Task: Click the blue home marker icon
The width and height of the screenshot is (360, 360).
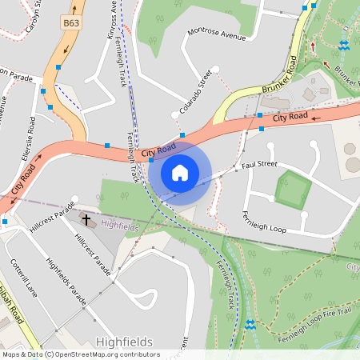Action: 180,172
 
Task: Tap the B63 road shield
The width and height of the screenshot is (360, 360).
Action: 70,25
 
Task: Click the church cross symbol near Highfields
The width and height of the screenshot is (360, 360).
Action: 86,218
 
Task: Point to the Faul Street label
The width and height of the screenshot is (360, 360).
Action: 259,165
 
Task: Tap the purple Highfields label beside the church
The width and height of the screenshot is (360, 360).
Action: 120,227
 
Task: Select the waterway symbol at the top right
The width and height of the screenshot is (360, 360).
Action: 343,45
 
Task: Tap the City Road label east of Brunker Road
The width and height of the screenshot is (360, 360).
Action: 290,118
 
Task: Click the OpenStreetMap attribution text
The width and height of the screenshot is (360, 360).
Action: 80,354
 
